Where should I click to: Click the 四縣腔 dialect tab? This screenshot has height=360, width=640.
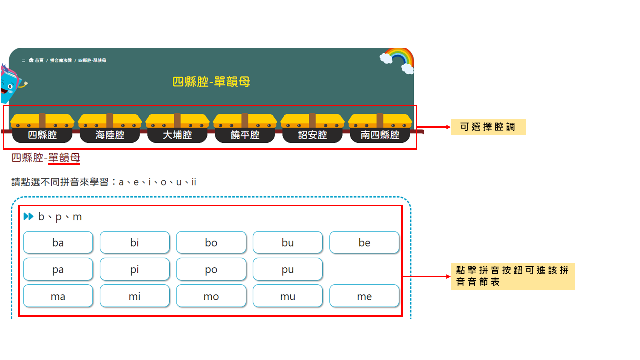click(x=42, y=135)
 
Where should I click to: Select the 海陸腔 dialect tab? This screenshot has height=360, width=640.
click(x=110, y=135)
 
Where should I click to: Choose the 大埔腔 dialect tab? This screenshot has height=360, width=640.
click(x=177, y=135)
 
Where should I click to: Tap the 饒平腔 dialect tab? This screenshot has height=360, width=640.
click(x=245, y=135)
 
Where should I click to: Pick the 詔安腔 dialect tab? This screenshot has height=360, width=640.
click(x=312, y=135)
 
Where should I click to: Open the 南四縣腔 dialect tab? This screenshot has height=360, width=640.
click(x=380, y=135)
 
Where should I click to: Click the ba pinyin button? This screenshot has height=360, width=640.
click(x=58, y=243)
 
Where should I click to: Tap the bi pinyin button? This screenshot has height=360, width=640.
click(x=134, y=243)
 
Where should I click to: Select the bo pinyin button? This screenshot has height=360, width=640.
click(x=211, y=243)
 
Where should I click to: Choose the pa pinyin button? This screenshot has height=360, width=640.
click(x=58, y=270)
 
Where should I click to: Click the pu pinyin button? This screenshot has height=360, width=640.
click(x=287, y=270)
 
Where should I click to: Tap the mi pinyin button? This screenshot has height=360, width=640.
click(x=134, y=297)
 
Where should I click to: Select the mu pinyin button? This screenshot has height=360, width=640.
click(x=287, y=297)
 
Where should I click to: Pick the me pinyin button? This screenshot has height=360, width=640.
click(x=364, y=297)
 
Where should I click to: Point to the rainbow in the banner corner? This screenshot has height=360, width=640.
click(x=398, y=60)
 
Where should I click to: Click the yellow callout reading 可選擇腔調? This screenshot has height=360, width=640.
click(x=488, y=127)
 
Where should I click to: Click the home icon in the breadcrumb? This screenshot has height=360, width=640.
click(x=31, y=60)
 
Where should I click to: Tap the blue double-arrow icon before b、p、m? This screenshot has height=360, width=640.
click(x=28, y=217)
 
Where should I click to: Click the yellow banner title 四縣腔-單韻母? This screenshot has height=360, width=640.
click(x=211, y=82)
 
